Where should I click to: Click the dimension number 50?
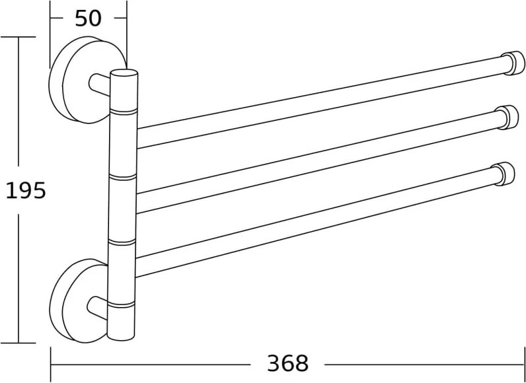[x=88, y=18]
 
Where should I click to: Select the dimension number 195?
[x=26, y=191]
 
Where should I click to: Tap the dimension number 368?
[x=287, y=363]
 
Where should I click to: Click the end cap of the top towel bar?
[x=513, y=63]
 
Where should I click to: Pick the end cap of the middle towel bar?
[x=507, y=118]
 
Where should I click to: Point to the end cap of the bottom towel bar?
[x=503, y=174]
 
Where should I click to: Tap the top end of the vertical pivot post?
[x=124, y=73]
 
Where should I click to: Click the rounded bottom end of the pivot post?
[x=121, y=336]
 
